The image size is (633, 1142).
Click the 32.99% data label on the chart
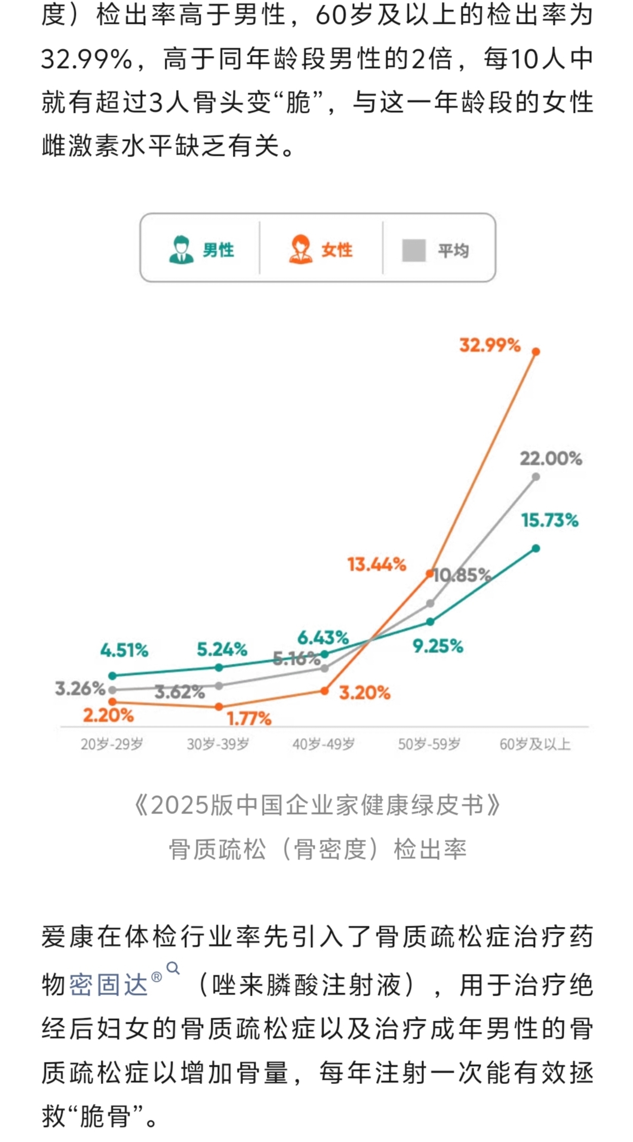click(x=490, y=345)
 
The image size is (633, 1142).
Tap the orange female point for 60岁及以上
click(x=536, y=352)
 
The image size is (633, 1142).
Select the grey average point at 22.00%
click(x=536, y=477)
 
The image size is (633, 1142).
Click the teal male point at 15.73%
click(x=536, y=548)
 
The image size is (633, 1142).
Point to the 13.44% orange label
click(x=377, y=564)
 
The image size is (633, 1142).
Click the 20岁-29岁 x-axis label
click(x=112, y=744)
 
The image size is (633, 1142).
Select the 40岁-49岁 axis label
click(x=323, y=744)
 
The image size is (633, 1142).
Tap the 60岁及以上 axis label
click(x=535, y=744)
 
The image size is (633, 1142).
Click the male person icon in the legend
click(x=181, y=250)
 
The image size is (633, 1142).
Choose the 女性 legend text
click(x=337, y=250)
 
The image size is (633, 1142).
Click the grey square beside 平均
click(x=414, y=250)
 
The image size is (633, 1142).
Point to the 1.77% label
click(x=249, y=718)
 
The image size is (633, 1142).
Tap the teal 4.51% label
click(x=124, y=650)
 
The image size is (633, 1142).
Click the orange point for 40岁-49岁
click(x=324, y=690)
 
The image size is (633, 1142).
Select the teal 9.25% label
click(x=438, y=646)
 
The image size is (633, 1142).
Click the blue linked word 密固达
click(x=108, y=984)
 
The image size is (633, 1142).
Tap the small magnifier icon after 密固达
click(x=173, y=968)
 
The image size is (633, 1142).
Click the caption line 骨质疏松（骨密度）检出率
click(x=317, y=849)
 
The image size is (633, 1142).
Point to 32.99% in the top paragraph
click(x=87, y=59)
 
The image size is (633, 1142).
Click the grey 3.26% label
click(x=80, y=689)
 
